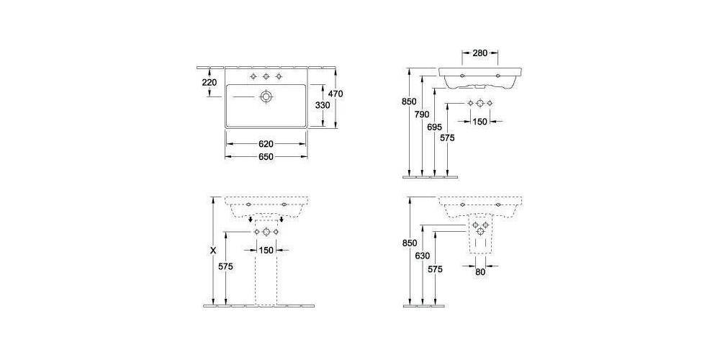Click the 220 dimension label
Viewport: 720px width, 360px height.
[210, 83]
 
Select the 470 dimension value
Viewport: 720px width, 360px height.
[336, 94]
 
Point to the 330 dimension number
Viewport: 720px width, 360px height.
[323, 105]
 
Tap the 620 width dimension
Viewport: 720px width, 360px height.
[266, 144]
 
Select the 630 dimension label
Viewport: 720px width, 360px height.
[423, 256]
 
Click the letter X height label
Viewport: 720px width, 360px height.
[212, 251]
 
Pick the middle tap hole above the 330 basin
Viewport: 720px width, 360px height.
[266, 76]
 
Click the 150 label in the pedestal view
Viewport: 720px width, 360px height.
[266, 250]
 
